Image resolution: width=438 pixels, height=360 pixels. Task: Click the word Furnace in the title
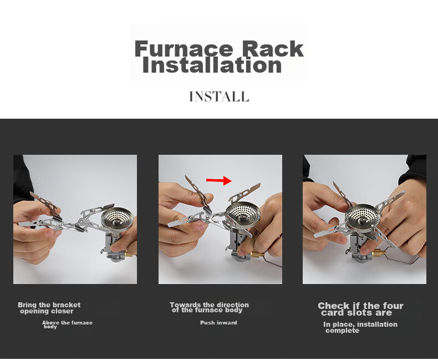click(x=184, y=49)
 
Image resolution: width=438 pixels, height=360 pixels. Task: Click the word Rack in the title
click(x=273, y=49)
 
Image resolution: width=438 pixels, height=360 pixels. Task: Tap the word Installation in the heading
click(x=212, y=65)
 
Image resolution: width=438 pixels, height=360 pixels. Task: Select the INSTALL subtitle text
click(x=219, y=97)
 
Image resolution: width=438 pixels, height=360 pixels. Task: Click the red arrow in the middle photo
click(x=218, y=180)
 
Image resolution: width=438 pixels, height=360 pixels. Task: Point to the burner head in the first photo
click(x=118, y=218)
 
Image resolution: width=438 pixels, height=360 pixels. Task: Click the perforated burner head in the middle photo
click(x=243, y=213)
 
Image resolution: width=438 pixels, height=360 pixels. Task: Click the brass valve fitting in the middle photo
click(x=257, y=255)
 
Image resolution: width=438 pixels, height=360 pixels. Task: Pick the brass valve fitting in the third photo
click(x=379, y=253)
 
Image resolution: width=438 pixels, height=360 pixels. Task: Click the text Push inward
click(x=218, y=323)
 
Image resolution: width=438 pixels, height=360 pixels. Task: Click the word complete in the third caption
click(x=342, y=331)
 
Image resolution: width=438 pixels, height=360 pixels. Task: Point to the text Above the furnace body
click(x=67, y=324)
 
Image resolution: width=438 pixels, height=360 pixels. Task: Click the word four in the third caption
click(x=393, y=306)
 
